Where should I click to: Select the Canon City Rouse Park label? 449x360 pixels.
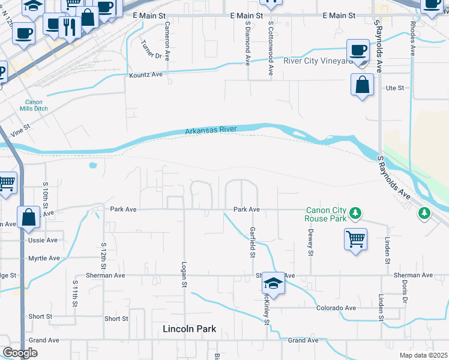[327, 214]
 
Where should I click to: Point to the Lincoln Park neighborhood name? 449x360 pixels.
[189, 329]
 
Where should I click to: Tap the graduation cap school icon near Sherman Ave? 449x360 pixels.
[273, 283]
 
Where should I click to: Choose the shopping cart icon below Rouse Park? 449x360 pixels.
[355, 239]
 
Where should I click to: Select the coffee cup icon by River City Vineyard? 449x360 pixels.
[358, 50]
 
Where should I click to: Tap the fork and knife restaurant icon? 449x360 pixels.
[70, 26]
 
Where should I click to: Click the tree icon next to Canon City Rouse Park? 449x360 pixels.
[356, 212]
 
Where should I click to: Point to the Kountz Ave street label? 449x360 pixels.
[146, 75]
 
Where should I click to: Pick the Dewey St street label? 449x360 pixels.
[310, 242]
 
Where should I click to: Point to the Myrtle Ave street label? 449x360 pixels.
[44, 258]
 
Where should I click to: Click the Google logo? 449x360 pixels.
[20, 353]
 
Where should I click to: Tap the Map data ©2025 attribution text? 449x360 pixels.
[423, 355]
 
